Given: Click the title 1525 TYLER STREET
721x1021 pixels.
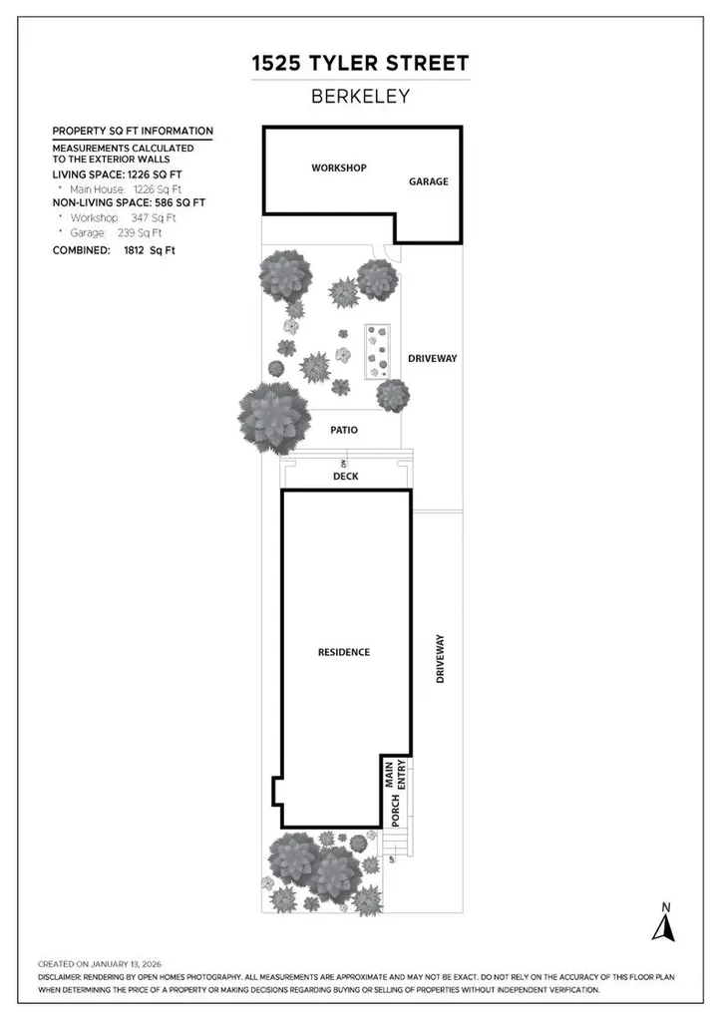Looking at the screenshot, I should pos(360,64).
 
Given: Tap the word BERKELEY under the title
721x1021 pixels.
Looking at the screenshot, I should pos(360,97).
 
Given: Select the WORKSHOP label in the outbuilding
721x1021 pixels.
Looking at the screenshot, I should pos(339,168).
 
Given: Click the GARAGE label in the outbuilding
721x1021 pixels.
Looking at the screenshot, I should pos(428,181).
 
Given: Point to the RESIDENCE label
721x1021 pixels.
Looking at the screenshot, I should pos(343,652).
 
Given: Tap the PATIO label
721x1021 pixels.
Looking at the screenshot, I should pos(343,430).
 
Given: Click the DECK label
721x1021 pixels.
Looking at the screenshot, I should pos(345,477).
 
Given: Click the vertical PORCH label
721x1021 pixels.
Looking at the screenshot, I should pos(396,813).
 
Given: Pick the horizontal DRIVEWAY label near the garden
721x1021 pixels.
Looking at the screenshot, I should pos(432,358).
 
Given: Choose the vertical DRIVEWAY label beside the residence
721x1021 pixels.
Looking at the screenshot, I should pos(440,659).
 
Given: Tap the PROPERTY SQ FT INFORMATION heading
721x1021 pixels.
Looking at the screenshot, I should pos(132,131).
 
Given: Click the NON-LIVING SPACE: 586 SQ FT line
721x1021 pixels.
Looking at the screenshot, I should pos(129,202).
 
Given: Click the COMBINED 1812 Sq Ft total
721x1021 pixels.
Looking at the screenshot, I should pos(113,250).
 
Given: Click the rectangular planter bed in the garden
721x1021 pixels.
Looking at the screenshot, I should pos(376,351).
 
